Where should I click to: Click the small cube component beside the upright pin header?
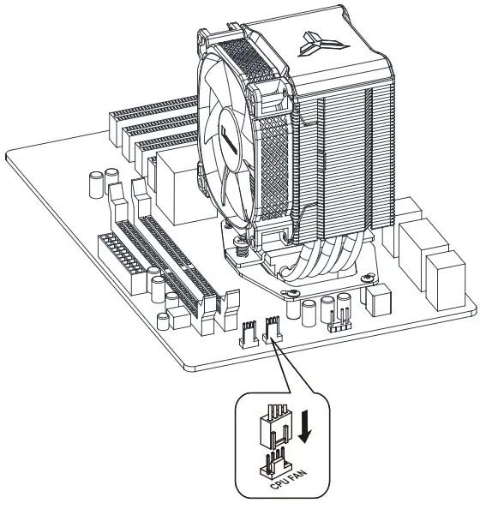pyautogui.click(x=376, y=297)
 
